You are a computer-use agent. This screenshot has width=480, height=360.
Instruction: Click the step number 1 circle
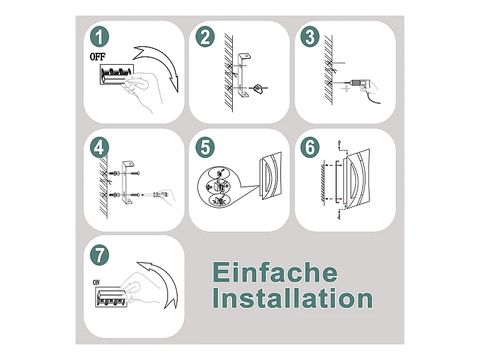tap(99, 37)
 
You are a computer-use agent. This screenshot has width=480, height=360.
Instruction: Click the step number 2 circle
tap(205, 37)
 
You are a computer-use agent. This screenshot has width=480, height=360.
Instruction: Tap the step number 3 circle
tap(310, 37)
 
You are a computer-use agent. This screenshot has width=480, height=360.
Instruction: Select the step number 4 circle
tap(99, 148)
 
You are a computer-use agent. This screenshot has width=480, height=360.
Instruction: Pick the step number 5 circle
tap(205, 148)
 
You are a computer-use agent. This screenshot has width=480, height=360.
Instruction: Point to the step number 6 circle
tap(310, 147)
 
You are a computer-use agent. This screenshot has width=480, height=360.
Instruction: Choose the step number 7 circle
tap(100, 255)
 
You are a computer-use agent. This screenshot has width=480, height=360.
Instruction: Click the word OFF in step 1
tap(97, 56)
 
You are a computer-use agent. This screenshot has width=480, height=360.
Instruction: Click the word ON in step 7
tap(96, 282)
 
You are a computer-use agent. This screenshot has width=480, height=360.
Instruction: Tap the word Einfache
tap(275, 272)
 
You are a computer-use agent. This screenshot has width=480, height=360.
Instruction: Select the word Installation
tap(293, 298)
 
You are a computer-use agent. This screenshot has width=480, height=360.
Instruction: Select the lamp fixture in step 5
tap(271, 176)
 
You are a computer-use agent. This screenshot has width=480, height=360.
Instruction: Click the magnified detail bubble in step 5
tap(218, 187)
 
